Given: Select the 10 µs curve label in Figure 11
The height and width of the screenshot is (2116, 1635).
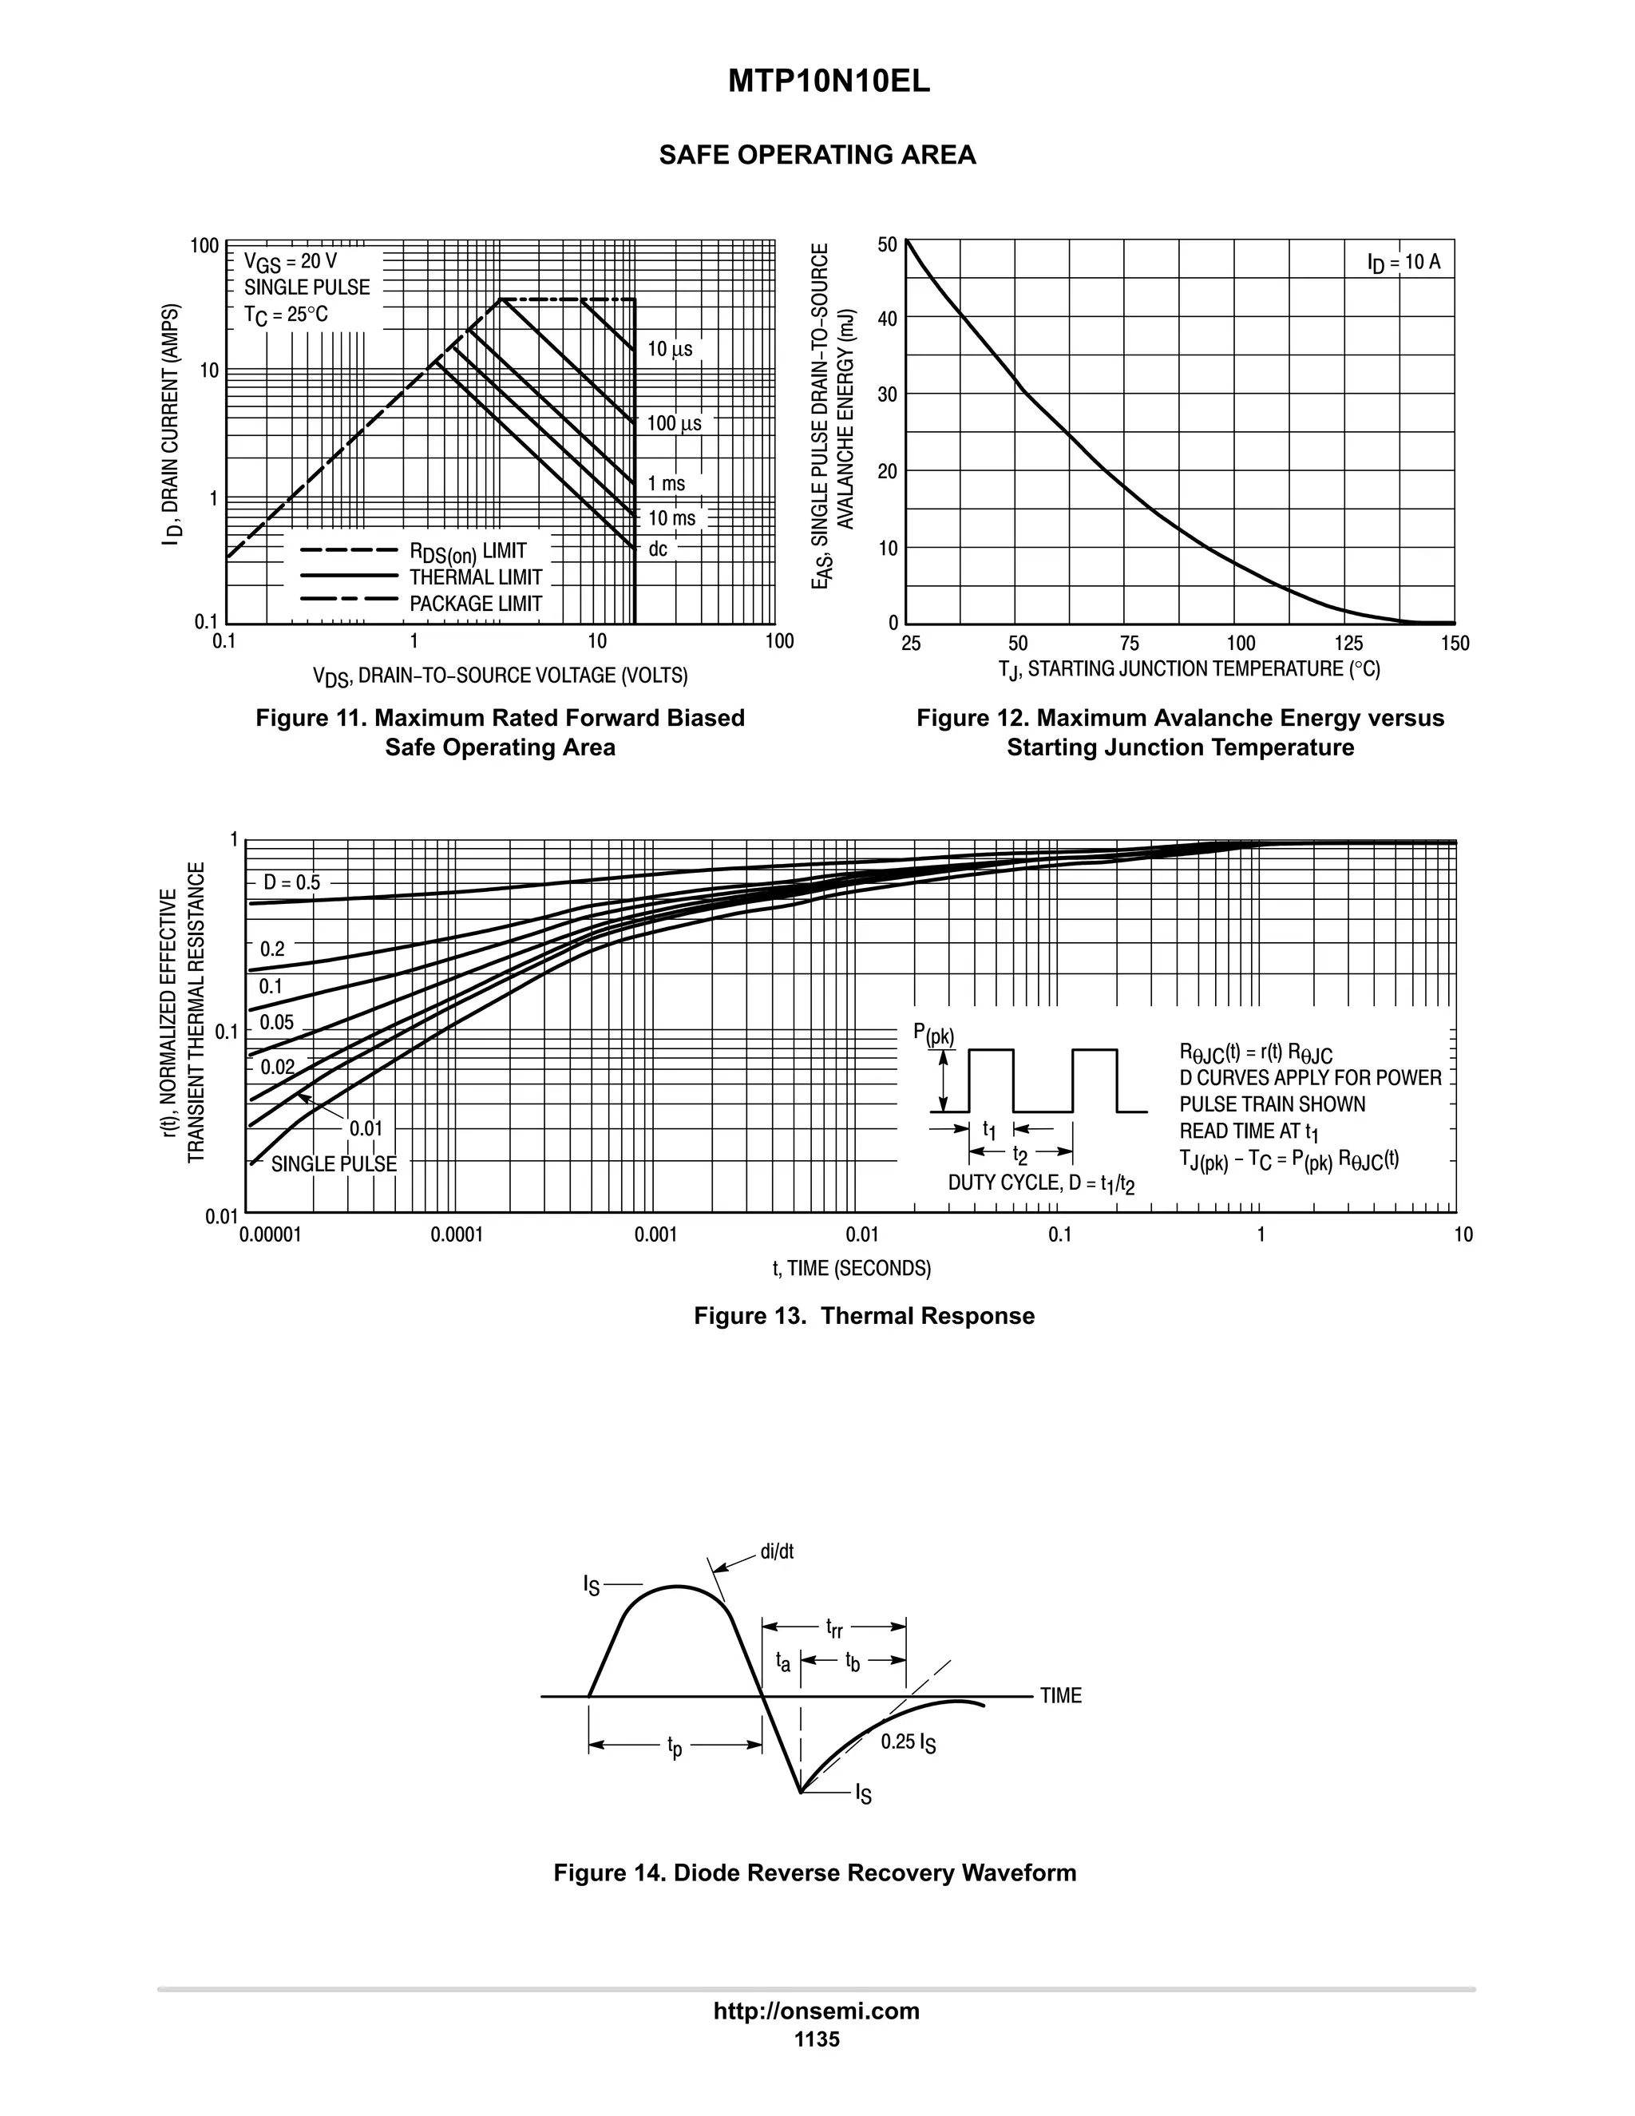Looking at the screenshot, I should coord(669,349).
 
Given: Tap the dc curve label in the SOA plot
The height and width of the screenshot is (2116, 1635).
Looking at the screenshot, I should coord(658,549).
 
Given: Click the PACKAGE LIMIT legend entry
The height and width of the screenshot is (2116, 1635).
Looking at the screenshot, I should coord(475,604).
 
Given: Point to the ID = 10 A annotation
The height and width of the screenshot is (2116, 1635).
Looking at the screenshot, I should coord(1403,263).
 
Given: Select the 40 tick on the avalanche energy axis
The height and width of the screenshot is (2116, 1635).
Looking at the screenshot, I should coord(886,319).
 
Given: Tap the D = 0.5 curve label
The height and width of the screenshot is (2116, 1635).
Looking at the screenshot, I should coord(291,882).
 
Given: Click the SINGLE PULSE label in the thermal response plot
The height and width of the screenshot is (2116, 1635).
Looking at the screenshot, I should coord(333,1163).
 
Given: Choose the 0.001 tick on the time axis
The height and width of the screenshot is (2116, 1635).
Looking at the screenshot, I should coord(655,1234).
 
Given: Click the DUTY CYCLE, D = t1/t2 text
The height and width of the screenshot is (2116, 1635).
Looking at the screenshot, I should coord(1040,1183).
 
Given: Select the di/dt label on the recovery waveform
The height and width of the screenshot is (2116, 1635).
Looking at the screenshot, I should coord(777,1551).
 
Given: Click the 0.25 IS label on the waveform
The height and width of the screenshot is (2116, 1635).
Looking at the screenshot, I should coord(908,1742).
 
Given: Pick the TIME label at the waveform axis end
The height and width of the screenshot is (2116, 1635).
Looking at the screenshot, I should coord(1061,1695).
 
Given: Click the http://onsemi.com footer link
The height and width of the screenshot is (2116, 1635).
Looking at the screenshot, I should coord(816,2011).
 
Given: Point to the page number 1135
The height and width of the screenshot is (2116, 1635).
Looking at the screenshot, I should coord(817,2039).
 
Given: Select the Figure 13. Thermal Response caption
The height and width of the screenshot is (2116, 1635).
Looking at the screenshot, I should coord(863,1316).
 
